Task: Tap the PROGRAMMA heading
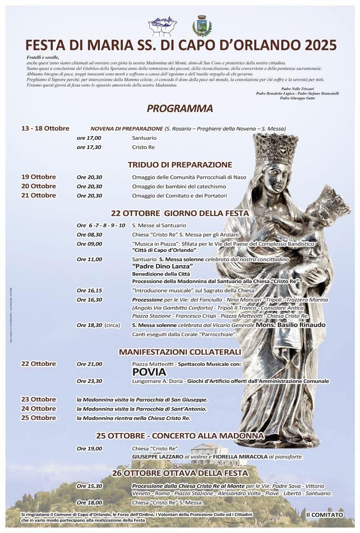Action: (x=180, y=109)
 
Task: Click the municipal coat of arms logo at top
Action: (x=202, y=26)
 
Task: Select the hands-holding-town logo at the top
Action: (x=162, y=26)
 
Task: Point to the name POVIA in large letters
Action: (x=149, y=372)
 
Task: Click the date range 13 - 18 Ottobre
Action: (x=45, y=128)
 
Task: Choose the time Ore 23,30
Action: (x=89, y=381)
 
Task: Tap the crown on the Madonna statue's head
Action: (x=276, y=148)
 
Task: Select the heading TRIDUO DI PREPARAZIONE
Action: (x=180, y=164)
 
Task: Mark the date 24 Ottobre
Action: (x=39, y=408)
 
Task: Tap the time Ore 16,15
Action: (x=89, y=290)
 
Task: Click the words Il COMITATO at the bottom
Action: (x=325, y=515)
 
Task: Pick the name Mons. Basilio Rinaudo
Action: (x=290, y=325)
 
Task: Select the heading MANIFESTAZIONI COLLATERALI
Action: (x=180, y=352)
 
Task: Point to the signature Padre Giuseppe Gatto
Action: (x=297, y=98)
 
